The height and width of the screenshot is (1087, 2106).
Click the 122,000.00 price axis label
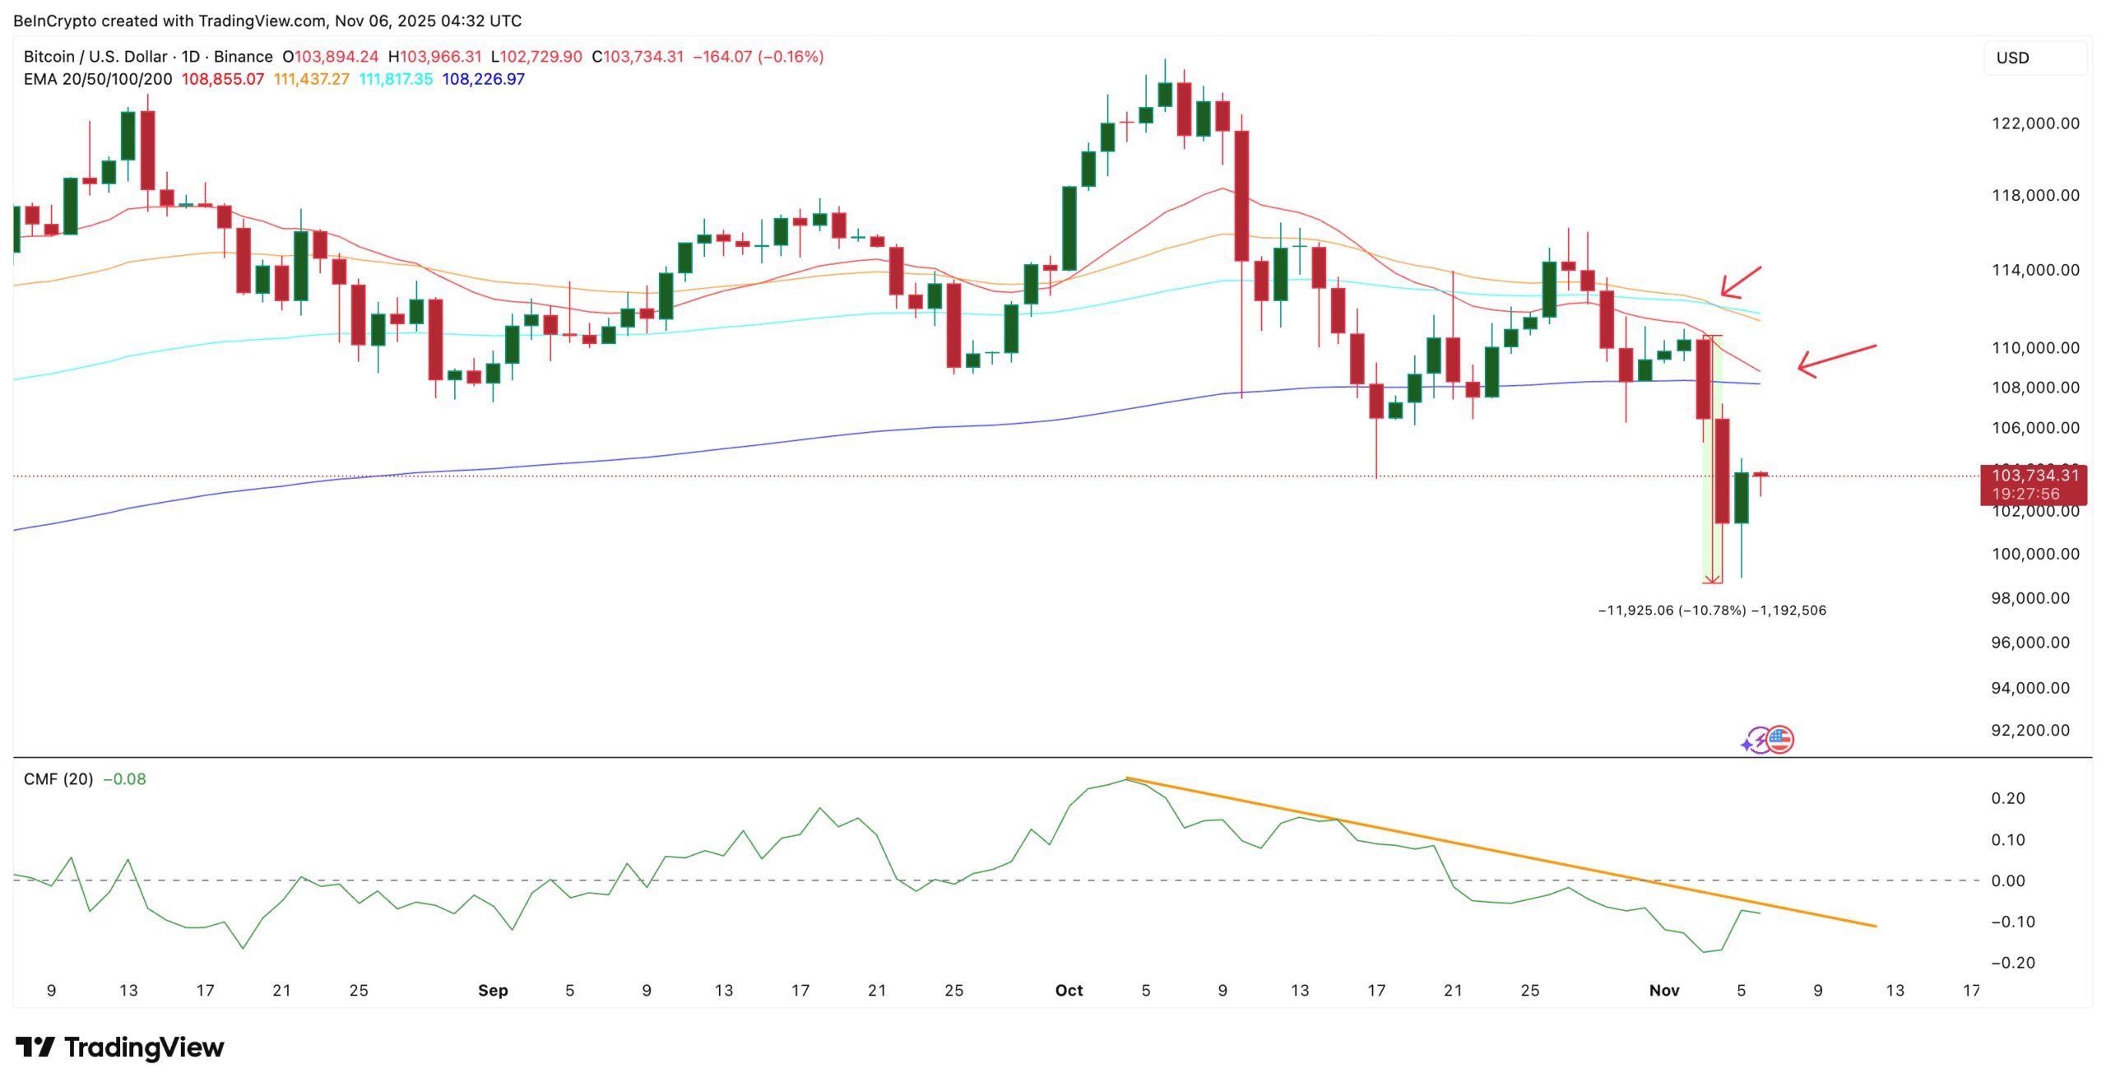2034,123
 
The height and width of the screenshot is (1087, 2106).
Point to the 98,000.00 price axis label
2029,598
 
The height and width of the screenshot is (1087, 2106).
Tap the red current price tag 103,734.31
2033,476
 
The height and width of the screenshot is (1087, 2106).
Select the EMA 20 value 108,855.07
222,79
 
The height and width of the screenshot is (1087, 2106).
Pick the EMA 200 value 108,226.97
483,79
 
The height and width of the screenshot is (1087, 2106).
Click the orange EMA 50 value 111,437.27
311,79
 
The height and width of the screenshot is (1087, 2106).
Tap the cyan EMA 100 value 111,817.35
396,79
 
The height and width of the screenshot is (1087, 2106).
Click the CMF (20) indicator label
58,778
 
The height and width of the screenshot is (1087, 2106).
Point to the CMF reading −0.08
124,778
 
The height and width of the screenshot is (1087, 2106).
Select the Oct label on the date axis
1069,990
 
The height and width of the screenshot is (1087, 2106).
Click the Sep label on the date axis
493,990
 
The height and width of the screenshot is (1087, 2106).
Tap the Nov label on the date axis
1663,990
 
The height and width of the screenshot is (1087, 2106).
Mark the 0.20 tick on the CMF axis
2007,798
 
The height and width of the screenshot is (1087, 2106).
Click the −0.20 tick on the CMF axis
2012,962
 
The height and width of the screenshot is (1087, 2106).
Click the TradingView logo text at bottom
143,1048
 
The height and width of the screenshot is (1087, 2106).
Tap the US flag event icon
1779,740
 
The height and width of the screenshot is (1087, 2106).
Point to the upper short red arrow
1741,282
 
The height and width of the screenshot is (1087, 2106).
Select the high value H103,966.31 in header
434,57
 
